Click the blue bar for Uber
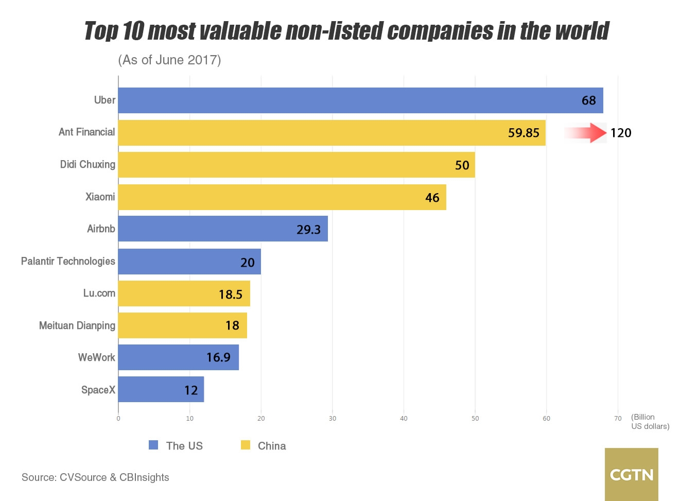(x=360, y=100)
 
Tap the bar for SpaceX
(x=161, y=390)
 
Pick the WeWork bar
(x=179, y=357)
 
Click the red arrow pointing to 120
(x=586, y=133)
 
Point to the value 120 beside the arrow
(x=621, y=133)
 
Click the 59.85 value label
(x=524, y=133)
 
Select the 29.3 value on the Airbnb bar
(x=308, y=230)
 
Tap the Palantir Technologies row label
(x=68, y=261)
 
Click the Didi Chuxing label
(x=88, y=165)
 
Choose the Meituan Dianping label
(x=77, y=325)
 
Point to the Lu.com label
(x=99, y=293)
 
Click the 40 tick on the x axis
(x=404, y=419)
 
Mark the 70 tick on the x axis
(x=618, y=419)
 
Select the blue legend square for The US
(x=153, y=445)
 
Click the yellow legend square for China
(x=246, y=445)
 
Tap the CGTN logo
(x=631, y=474)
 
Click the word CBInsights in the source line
(x=144, y=477)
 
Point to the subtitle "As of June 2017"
(x=169, y=60)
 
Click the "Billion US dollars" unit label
(x=650, y=422)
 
